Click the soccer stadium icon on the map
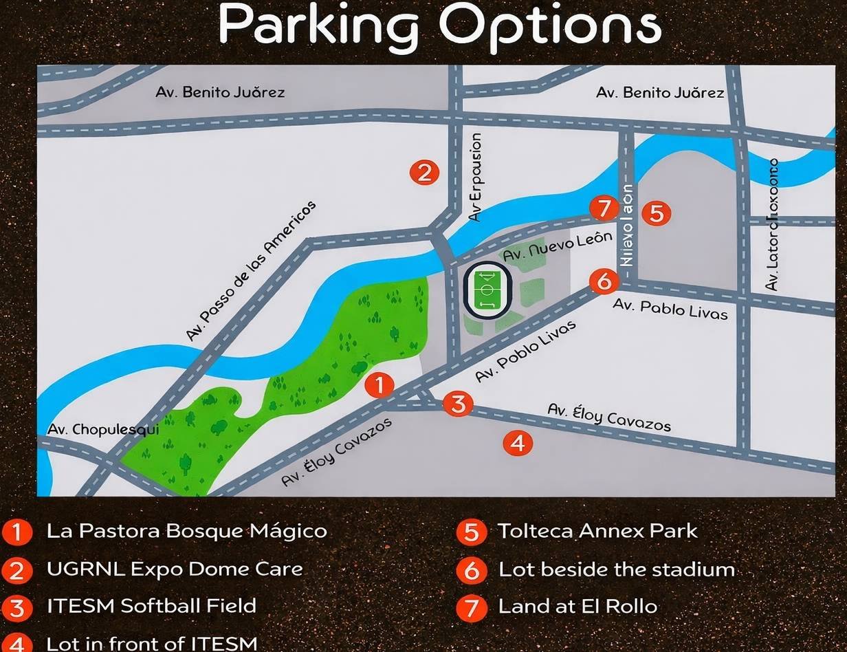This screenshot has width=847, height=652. tap(488, 291)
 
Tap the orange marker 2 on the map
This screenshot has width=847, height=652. tap(424, 172)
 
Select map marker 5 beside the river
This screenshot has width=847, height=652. tap(656, 213)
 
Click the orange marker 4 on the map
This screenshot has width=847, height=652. tap(518, 443)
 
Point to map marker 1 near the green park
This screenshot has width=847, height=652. tap(379, 385)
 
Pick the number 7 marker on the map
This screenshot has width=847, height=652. tap(604, 208)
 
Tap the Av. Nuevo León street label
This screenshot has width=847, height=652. tap(558, 246)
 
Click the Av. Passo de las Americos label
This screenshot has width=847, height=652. tap(251, 270)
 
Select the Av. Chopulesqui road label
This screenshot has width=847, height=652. tap(103, 429)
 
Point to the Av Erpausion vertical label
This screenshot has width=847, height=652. tap(475, 177)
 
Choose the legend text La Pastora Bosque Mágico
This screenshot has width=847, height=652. tap(186, 531)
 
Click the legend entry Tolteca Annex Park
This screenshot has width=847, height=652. tap(597, 531)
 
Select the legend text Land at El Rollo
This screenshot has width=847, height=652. tap(577, 606)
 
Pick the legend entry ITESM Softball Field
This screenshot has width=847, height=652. tap(151, 606)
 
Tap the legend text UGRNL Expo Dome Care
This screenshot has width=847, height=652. tap(175, 569)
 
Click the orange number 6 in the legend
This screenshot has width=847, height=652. tap(471, 570)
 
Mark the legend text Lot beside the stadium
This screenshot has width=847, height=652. tap(616, 569)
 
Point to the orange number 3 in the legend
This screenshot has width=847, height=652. tap(17, 607)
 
